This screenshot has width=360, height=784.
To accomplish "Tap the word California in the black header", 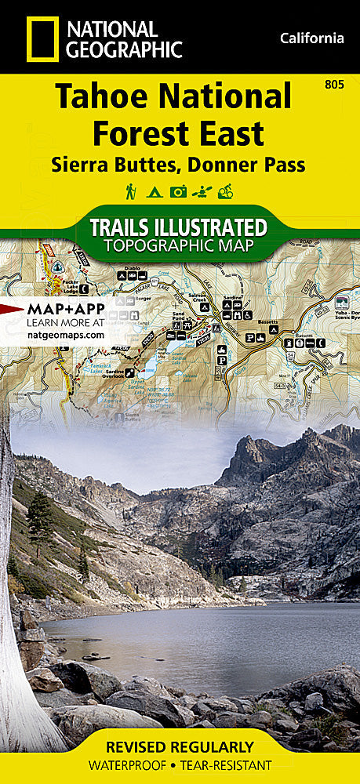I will click(311, 38).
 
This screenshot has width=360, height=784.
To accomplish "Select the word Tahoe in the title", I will click(104, 97).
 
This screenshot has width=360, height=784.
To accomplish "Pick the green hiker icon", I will click(130, 191).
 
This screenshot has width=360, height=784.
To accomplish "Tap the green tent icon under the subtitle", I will click(154, 191).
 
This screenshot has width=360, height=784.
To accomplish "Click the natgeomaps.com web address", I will click(65, 334).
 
